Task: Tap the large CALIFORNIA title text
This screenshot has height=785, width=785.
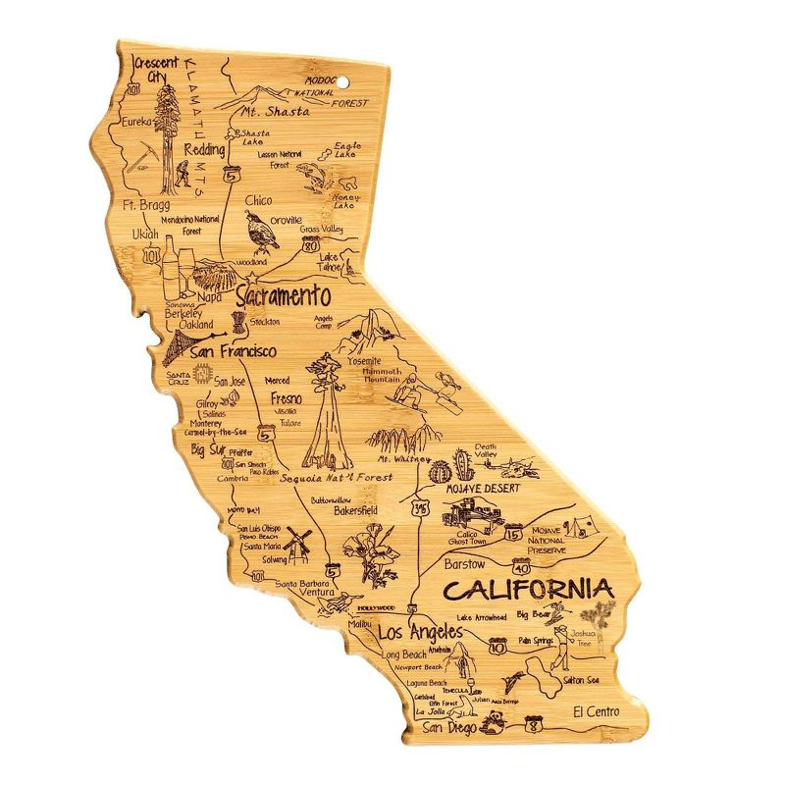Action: pos(529,590)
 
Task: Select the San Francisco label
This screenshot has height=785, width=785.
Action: pos(233,350)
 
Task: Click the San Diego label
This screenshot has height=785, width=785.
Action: pos(449,728)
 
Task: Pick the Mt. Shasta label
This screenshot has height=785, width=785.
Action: pos(276,111)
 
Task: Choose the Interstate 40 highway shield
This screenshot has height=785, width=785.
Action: pos(521,566)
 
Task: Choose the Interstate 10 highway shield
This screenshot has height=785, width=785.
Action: pos(497,646)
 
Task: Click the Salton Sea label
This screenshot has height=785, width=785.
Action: pos(581,679)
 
